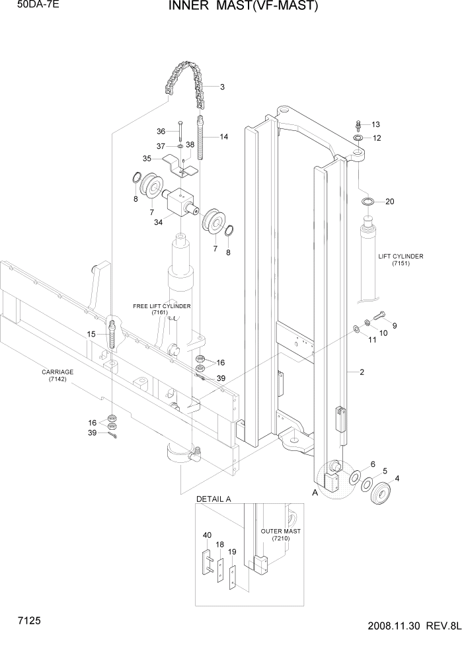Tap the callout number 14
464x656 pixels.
coord(224,137)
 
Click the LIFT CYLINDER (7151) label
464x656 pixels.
coord(401,260)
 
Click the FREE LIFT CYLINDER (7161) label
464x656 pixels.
coord(161,309)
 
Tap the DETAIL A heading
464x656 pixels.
coord(213,499)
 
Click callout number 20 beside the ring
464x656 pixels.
coord(389,202)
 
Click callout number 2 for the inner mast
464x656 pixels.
coord(362,372)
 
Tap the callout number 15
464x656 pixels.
coord(91,335)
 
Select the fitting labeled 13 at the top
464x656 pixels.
coord(358,124)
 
